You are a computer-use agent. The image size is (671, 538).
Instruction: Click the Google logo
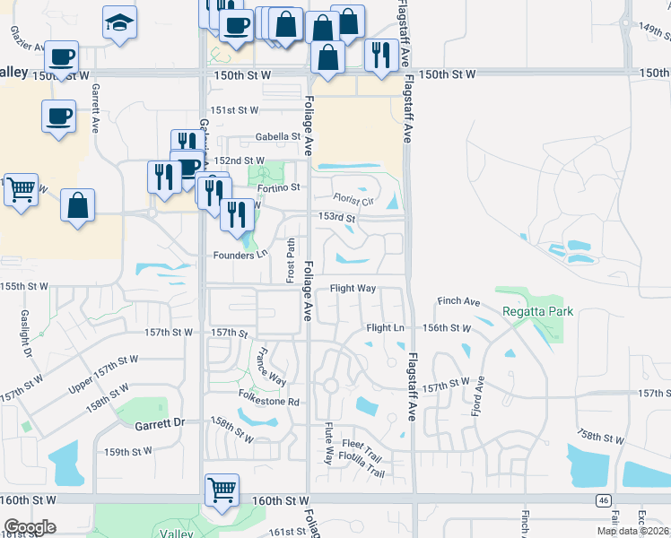coord(30,527)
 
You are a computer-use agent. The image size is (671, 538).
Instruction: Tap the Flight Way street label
coord(353,289)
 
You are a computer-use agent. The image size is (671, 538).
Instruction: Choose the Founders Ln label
coord(240,255)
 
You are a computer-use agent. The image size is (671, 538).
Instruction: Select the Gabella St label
coord(276,137)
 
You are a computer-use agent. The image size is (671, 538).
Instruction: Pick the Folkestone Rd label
coord(267,402)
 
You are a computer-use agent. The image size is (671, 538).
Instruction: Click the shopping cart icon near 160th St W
coord(222,490)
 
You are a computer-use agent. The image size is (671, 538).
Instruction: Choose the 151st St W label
coord(236,110)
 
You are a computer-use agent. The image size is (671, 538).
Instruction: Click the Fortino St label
coord(279,187)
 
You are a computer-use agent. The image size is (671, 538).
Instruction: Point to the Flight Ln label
coord(387,328)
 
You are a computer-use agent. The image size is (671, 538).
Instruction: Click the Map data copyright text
coord(632,531)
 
